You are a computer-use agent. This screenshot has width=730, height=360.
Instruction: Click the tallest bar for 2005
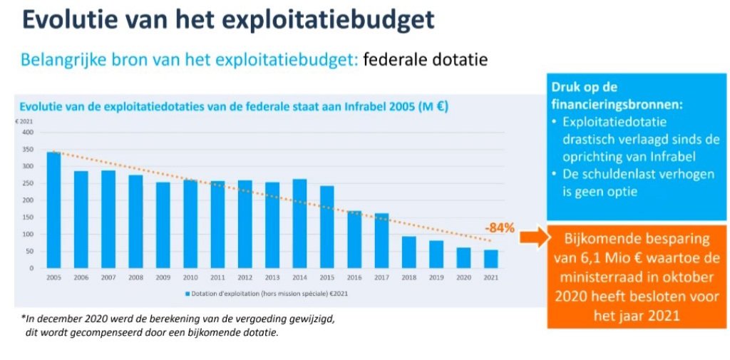tap(53, 210)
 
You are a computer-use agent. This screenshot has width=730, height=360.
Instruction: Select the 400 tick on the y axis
tap(28, 132)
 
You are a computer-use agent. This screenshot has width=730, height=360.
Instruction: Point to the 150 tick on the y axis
tap(28, 217)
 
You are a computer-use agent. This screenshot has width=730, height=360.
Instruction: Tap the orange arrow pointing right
tap(532, 237)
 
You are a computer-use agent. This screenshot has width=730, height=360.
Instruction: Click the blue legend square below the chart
tap(187, 293)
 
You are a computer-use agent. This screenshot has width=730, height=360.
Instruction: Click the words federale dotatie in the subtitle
tap(425, 60)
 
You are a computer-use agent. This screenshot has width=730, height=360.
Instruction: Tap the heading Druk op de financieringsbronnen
tap(617, 95)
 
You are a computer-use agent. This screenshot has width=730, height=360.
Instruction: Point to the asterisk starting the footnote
tap(23, 318)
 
